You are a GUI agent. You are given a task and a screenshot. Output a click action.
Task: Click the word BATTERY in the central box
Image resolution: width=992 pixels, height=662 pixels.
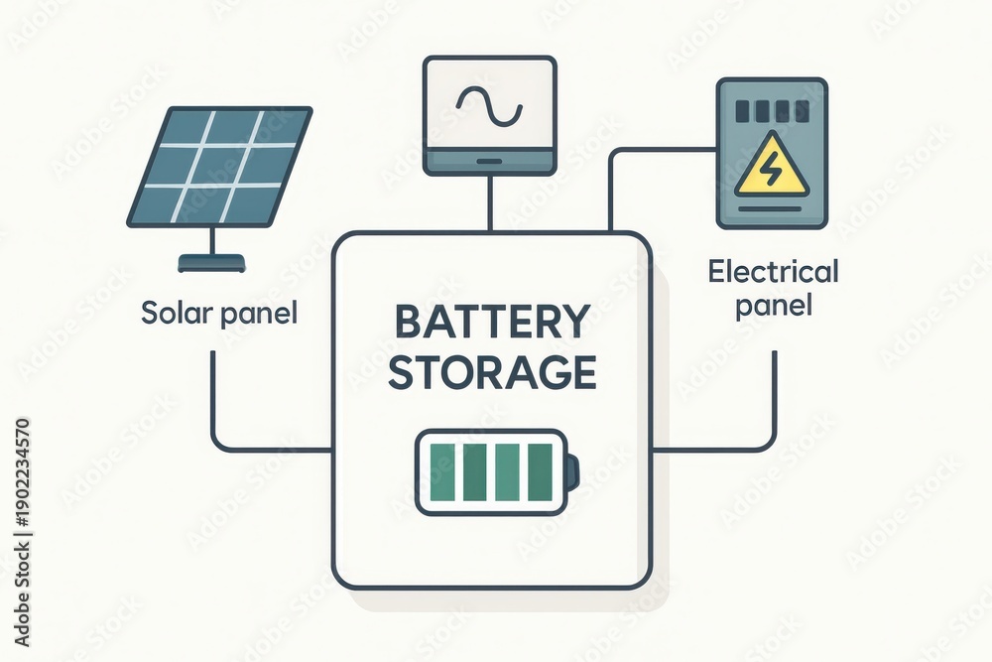click(x=492, y=322)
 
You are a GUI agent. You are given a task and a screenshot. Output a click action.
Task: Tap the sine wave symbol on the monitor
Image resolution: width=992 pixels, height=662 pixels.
click(x=489, y=104)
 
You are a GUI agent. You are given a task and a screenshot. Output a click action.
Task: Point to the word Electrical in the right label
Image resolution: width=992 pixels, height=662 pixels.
click(x=773, y=272)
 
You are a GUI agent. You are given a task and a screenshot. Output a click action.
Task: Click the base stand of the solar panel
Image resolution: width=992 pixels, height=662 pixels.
click(x=211, y=263)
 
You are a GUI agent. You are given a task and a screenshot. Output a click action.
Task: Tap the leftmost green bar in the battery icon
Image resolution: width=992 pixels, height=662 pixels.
click(x=441, y=472)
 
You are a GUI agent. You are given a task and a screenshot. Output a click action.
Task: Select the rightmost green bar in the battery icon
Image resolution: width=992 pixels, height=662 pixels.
click(x=540, y=472)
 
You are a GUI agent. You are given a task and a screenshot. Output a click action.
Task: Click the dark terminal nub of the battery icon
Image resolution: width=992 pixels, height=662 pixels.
click(x=572, y=472)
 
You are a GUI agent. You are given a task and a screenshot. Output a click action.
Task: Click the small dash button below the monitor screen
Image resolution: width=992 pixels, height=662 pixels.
click(x=489, y=162)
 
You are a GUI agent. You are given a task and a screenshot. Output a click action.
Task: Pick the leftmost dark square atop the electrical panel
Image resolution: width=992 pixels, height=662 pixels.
click(x=743, y=111)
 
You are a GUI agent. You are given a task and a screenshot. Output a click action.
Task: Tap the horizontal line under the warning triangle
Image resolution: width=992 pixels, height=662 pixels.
click(x=771, y=207)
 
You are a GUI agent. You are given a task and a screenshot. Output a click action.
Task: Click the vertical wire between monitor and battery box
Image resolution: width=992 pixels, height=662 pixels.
click(x=490, y=202)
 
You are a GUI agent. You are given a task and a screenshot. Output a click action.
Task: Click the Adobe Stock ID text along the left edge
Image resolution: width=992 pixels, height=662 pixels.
click(x=22, y=532)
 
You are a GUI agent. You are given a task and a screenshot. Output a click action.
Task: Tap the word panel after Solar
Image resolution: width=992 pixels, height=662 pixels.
click(x=258, y=314)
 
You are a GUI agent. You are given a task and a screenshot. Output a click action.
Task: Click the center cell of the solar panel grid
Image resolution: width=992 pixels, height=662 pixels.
click(x=219, y=166)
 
